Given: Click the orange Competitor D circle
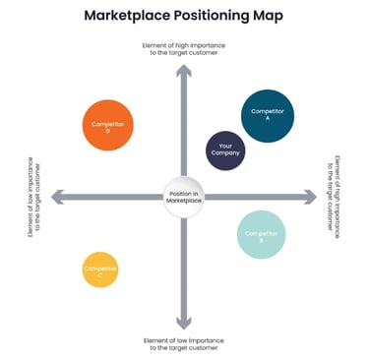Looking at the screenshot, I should point(106,126).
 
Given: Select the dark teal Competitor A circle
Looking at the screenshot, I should point(268,115).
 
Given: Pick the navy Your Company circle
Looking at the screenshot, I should point(225,151).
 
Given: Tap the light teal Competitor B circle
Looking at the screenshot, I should point(262,235).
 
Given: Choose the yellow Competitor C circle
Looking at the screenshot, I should point(99,270).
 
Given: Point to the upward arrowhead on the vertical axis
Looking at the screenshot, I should point(183,70).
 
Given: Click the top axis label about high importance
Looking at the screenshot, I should point(183,49).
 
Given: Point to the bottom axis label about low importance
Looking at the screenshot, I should point(183,344).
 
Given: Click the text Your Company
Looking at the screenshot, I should point(225,151).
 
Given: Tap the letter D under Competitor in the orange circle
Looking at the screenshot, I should point(106,131).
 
